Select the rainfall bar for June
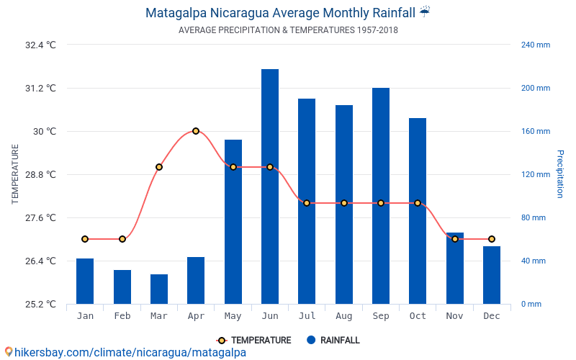point(270,186)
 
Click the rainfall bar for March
point(159,289)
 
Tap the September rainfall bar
point(381,196)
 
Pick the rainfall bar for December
point(492,275)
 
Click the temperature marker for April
point(196,131)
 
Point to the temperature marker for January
point(85,239)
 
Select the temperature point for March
point(159,167)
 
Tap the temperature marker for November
point(455,239)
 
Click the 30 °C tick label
point(45,132)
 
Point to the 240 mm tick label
point(536,45)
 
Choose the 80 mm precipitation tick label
point(534,218)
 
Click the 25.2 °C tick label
point(40,304)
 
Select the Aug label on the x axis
point(344,316)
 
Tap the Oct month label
point(418,316)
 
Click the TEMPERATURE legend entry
point(254,341)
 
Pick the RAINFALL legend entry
point(333,340)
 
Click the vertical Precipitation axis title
point(560,174)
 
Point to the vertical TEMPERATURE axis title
point(14,174)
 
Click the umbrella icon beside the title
point(425,12)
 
